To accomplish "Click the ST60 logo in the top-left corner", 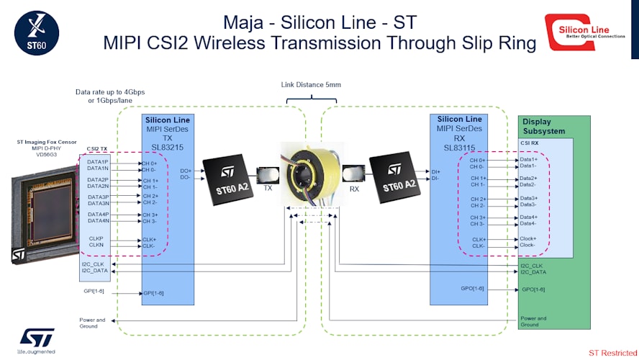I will [x=36, y=33].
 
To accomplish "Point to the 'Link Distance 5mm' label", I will [x=311, y=85].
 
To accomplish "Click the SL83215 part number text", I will [x=167, y=147].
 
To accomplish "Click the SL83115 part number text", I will [x=459, y=147].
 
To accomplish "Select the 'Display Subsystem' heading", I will [x=543, y=127].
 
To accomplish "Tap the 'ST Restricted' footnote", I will [x=612, y=353].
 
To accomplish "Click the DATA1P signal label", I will [x=98, y=162].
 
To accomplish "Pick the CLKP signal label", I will [x=96, y=238].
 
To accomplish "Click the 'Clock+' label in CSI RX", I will [x=528, y=238].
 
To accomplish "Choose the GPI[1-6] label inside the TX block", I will [x=153, y=293].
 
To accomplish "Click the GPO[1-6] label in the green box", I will [x=533, y=289].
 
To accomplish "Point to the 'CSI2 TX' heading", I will [x=97, y=148].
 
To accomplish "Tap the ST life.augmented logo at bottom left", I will [x=37, y=341].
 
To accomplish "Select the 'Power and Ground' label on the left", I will [x=92, y=323].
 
